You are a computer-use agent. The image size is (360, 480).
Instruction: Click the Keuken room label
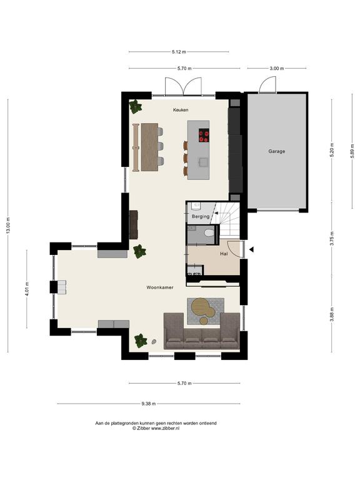click(181, 110)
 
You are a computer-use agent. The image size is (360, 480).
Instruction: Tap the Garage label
click(277, 151)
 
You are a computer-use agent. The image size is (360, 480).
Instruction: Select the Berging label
click(201, 216)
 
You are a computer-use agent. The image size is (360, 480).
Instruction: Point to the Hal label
click(224, 254)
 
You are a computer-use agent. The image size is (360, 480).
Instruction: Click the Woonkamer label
click(160, 287)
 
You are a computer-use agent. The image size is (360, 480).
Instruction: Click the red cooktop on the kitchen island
click(204, 136)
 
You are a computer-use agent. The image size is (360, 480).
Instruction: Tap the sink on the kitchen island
click(203, 162)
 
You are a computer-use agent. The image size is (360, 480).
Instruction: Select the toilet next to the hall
click(210, 233)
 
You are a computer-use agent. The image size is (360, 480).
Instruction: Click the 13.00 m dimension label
click(8, 226)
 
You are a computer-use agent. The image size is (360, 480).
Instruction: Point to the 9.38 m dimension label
click(149, 404)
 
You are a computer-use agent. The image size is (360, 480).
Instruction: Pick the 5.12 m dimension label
click(179, 52)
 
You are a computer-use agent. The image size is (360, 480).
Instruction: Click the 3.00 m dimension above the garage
click(277, 69)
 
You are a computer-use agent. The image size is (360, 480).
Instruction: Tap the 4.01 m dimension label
click(27, 289)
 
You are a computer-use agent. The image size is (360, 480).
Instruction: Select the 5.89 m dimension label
click(352, 151)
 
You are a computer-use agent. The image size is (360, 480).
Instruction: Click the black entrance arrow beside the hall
click(251, 250)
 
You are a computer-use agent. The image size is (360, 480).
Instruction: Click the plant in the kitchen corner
click(135, 106)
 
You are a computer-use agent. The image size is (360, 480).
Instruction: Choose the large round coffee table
click(200, 306)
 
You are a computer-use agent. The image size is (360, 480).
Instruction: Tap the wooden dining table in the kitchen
click(150, 147)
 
